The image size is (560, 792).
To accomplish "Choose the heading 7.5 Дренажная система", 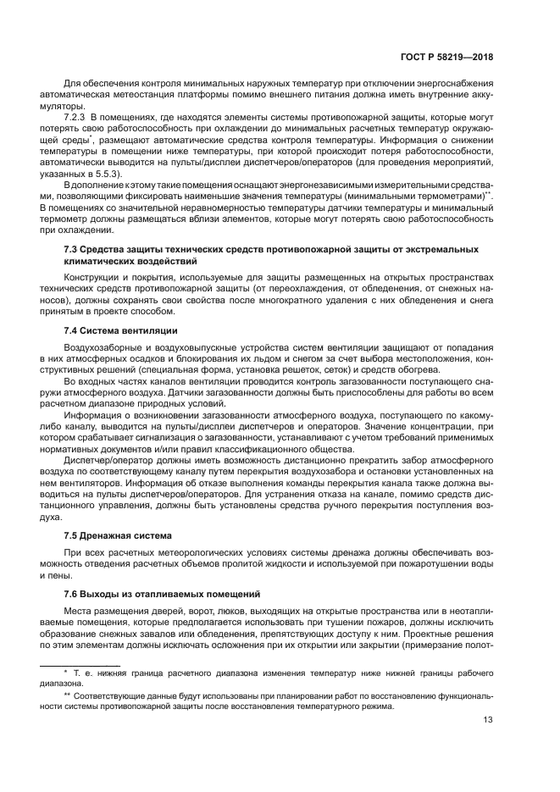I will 118,535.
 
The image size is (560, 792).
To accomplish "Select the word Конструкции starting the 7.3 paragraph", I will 91,278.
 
